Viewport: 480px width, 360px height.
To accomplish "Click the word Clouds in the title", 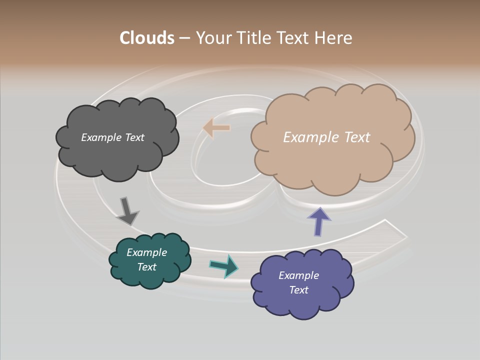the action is pyautogui.click(x=147, y=38).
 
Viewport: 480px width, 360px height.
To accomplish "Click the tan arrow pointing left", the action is pyautogui.click(x=216, y=128).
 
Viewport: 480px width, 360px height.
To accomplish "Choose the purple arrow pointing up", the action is pyautogui.click(x=319, y=221).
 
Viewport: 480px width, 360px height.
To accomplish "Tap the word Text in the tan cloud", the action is pyautogui.click(x=357, y=137).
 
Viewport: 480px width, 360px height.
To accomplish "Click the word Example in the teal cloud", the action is pyautogui.click(x=146, y=252).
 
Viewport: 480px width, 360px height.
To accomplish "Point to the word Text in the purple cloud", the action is pyautogui.click(x=298, y=290).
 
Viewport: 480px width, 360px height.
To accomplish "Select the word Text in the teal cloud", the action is pyautogui.click(x=146, y=267).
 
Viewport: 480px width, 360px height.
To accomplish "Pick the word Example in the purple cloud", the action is pyautogui.click(x=298, y=275).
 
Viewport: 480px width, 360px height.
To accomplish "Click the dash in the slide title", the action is pyautogui.click(x=184, y=38).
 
